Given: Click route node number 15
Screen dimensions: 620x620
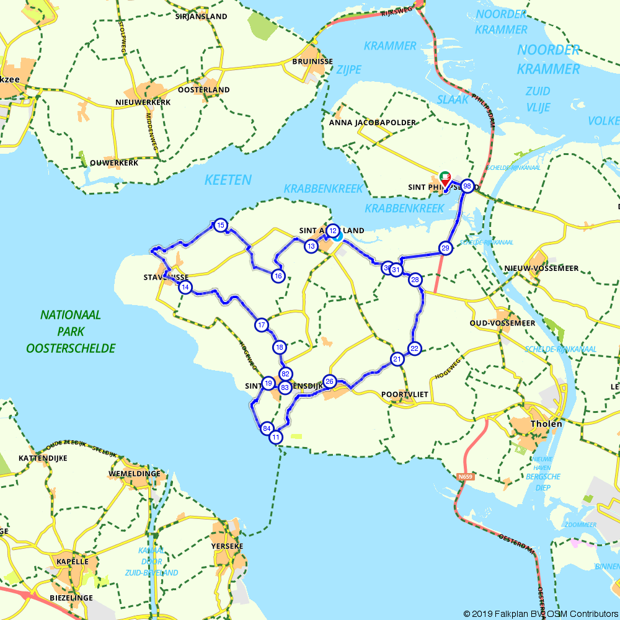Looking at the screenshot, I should pos(220,226).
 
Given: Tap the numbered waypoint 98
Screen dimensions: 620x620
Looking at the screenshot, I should pos(467,186).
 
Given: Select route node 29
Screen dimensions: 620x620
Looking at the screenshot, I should pos(445,248).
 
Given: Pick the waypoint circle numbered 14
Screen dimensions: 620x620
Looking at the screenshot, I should pos(185,287).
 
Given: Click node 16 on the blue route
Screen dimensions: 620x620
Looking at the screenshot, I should pos(278,276).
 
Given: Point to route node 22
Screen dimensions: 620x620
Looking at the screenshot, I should pos(415,348).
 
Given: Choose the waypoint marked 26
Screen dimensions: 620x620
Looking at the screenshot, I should pos(330,381).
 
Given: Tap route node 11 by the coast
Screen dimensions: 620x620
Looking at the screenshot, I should pos(276,437).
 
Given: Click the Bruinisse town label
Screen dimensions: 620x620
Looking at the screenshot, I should pos(312,62).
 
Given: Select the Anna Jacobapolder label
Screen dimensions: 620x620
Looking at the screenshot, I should pos(373,123).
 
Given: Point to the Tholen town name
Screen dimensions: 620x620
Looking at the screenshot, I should pos(546,424).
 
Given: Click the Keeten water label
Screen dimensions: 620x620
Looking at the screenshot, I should pos(228,180).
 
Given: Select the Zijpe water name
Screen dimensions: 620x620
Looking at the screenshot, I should pos(348,69).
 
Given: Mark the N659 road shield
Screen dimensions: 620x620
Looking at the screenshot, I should pos(465,477).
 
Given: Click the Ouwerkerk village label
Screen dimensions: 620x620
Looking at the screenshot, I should pos(113,162).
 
